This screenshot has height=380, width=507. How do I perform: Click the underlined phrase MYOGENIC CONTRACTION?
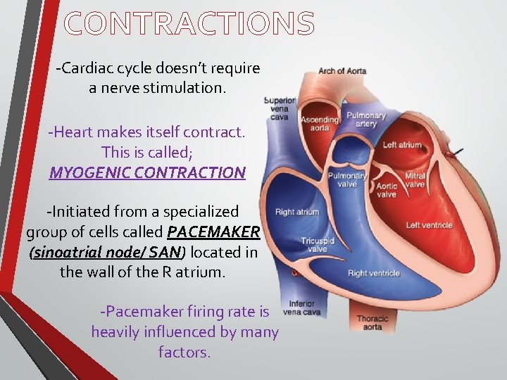point(147,172)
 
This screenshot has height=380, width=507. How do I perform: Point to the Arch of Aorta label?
point(342,71)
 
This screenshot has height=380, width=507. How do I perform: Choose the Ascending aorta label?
point(320,124)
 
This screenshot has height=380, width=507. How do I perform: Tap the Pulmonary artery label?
point(367,120)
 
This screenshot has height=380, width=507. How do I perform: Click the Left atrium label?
point(402,146)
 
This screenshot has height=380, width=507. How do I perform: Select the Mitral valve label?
point(415,180)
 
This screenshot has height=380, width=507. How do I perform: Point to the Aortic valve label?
point(387,189)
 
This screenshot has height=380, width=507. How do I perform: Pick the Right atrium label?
point(297,212)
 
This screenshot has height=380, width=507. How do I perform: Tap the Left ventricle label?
point(429,225)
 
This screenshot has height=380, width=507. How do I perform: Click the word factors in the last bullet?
point(184,352)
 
